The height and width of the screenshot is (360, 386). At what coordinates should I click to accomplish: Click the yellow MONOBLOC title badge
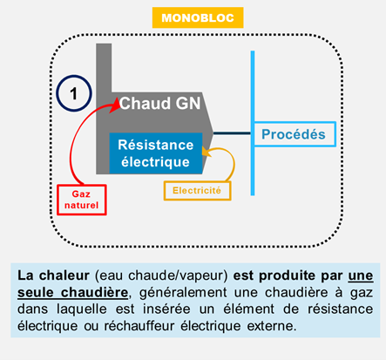pos(198,17)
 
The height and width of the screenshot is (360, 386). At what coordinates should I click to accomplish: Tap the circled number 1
pos(74,93)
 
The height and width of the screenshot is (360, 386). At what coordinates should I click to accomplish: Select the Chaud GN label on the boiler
pos(159,103)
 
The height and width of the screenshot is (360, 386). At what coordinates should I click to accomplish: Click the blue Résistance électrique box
pos(156,153)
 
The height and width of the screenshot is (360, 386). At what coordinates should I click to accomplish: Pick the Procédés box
pos(295,134)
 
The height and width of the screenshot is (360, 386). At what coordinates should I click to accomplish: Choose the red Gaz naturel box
pos(82,200)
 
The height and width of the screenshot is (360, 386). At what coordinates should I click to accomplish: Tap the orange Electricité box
pos(198,191)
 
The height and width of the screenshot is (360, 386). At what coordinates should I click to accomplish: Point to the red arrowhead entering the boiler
pos(116,105)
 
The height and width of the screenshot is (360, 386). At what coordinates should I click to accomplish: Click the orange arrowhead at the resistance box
pos(207,152)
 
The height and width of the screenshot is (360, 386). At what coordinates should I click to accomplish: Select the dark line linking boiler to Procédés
pos(232,133)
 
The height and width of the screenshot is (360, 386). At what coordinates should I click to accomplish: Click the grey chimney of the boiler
pos(104,68)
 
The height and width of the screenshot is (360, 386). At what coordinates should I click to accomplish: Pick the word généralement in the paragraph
pos(183,293)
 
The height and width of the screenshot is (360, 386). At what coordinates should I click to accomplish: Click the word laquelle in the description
pos(82,309)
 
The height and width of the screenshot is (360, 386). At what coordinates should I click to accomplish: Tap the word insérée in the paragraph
pos(166,309)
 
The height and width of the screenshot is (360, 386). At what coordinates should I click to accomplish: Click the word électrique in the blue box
pos(155,162)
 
